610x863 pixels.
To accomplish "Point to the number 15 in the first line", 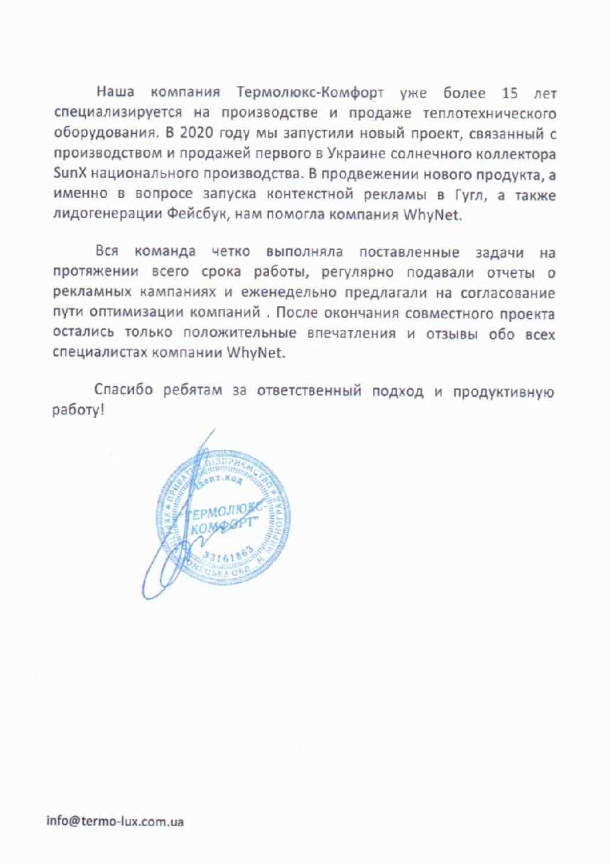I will (x=510, y=93).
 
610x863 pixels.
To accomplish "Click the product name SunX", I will (x=68, y=174).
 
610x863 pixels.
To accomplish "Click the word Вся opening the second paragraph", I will (x=107, y=251).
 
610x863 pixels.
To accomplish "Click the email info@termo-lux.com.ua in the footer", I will (x=115, y=821).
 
